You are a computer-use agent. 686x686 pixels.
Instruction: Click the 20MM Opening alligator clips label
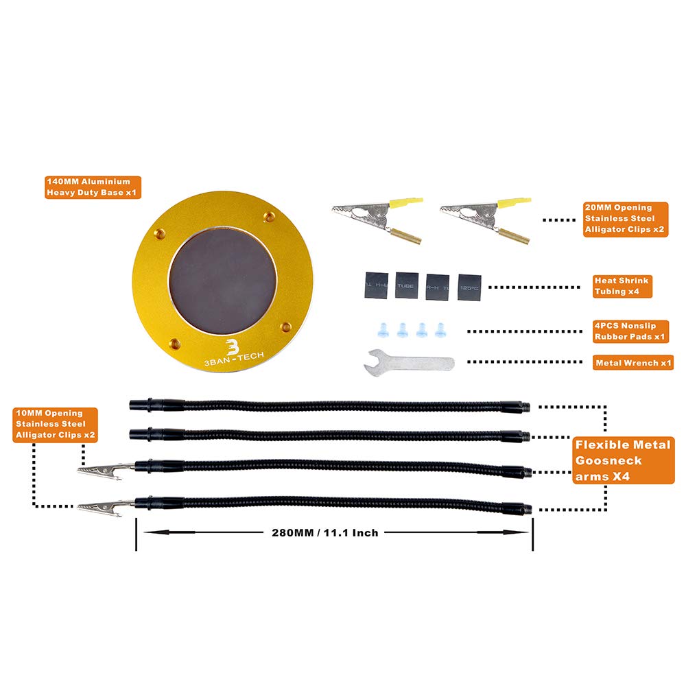click(625, 220)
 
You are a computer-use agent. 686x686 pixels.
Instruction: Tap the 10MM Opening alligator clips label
click(55, 425)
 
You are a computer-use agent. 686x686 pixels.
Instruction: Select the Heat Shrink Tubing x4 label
click(622, 287)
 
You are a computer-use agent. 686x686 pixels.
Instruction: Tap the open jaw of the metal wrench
click(374, 361)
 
